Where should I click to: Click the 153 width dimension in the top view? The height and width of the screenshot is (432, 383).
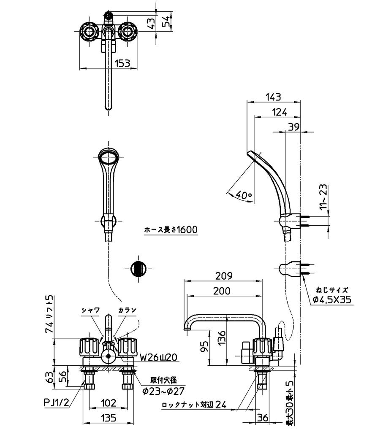[122, 63]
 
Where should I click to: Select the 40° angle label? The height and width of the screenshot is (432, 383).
[244, 195]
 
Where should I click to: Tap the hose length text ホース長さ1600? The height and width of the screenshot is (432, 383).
[171, 229]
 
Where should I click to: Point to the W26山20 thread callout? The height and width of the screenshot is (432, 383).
[158, 357]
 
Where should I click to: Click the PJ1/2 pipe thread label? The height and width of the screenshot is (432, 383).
[56, 403]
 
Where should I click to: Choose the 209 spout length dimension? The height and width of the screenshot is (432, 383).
[224, 275]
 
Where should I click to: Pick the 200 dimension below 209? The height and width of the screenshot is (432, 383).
[222, 291]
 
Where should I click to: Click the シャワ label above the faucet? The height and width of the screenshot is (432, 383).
[90, 310]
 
